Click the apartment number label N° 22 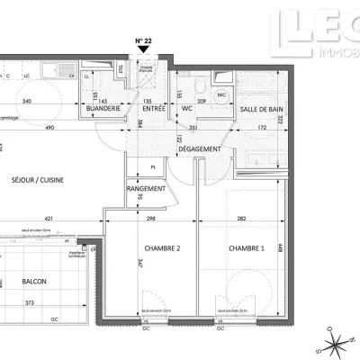tap(143, 41)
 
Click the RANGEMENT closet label tap(145, 188)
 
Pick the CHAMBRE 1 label tap(246, 248)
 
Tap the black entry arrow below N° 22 tap(143, 53)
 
